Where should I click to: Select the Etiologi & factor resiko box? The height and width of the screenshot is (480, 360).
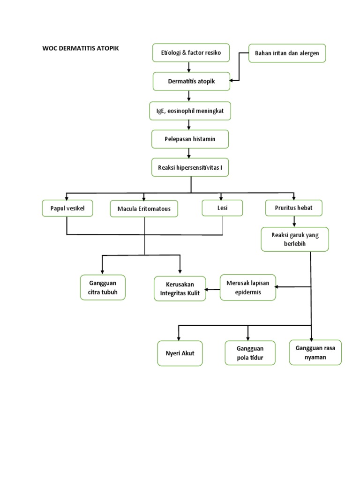coord(191,52)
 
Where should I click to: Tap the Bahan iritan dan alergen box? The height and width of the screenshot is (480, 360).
coord(286,53)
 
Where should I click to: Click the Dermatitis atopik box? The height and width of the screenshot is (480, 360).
coord(191,81)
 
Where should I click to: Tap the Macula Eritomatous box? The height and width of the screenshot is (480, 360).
coord(144,208)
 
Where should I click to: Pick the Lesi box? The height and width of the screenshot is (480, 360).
coord(222,208)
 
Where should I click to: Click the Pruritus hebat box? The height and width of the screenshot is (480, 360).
coord(294,207)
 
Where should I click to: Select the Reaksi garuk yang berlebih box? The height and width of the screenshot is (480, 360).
coord(295,240)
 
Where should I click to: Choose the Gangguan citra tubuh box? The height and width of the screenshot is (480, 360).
coord(103,287)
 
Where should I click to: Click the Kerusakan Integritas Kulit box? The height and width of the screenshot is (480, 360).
coord(180,289)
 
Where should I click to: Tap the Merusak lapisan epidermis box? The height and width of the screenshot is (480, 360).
coord(248,287)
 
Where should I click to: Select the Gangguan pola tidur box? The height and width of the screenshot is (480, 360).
coord(250,352)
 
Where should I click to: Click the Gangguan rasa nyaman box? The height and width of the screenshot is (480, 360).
coord(315,352)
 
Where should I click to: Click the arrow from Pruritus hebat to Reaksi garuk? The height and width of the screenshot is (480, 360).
coord(294,222)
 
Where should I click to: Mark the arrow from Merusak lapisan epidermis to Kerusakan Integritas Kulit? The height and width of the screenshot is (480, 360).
coord(213,289)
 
